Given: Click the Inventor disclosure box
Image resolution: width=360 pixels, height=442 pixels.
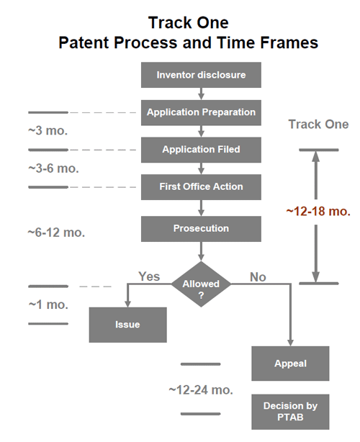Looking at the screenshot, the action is point(201,75).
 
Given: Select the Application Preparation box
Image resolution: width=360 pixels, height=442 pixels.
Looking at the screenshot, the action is point(201,112).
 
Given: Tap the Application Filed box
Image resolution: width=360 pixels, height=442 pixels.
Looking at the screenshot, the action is point(201,150).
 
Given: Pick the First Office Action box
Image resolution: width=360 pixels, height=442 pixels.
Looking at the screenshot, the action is point(201,187).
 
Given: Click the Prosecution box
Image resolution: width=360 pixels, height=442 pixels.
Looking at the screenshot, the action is point(201,229).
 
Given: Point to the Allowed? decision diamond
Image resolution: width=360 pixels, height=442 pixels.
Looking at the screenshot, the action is point(201,284).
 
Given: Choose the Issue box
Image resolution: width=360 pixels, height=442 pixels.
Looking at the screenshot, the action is point(127,325).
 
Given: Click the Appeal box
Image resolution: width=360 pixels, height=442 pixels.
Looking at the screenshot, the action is point(290,364).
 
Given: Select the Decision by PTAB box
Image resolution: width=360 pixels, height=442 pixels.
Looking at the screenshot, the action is point(290,412).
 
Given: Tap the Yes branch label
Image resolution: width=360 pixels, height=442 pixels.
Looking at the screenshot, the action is point(149,276).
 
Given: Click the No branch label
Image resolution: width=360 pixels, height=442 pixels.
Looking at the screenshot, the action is point(258,277).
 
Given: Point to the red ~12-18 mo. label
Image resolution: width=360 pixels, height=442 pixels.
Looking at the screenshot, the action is point(318,212).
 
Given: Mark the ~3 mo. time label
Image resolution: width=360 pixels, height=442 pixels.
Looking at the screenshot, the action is point(48,130).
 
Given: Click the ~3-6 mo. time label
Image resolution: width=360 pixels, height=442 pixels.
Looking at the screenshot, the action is point(53,168).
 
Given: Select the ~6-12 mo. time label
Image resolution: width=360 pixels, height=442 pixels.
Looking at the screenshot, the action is point(56,233).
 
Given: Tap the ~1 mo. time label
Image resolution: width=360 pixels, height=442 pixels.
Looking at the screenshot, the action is point(48,305).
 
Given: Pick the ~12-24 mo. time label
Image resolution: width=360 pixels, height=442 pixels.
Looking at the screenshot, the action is point(201,390).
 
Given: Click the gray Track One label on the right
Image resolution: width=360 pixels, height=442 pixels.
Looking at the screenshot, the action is point(318,125).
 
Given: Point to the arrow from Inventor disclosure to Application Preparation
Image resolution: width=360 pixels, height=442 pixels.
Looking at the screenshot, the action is point(201,94).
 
